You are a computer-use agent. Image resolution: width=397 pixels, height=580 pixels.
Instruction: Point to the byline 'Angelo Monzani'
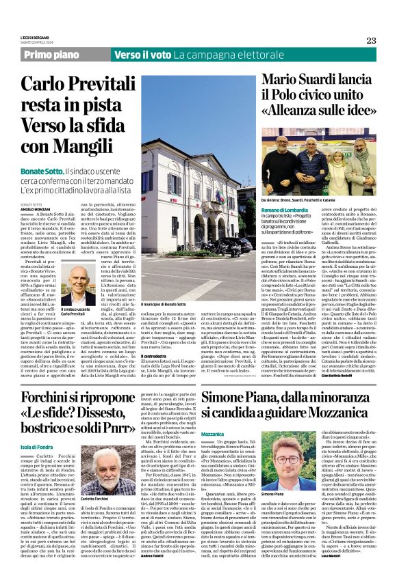[x=36, y=209]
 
